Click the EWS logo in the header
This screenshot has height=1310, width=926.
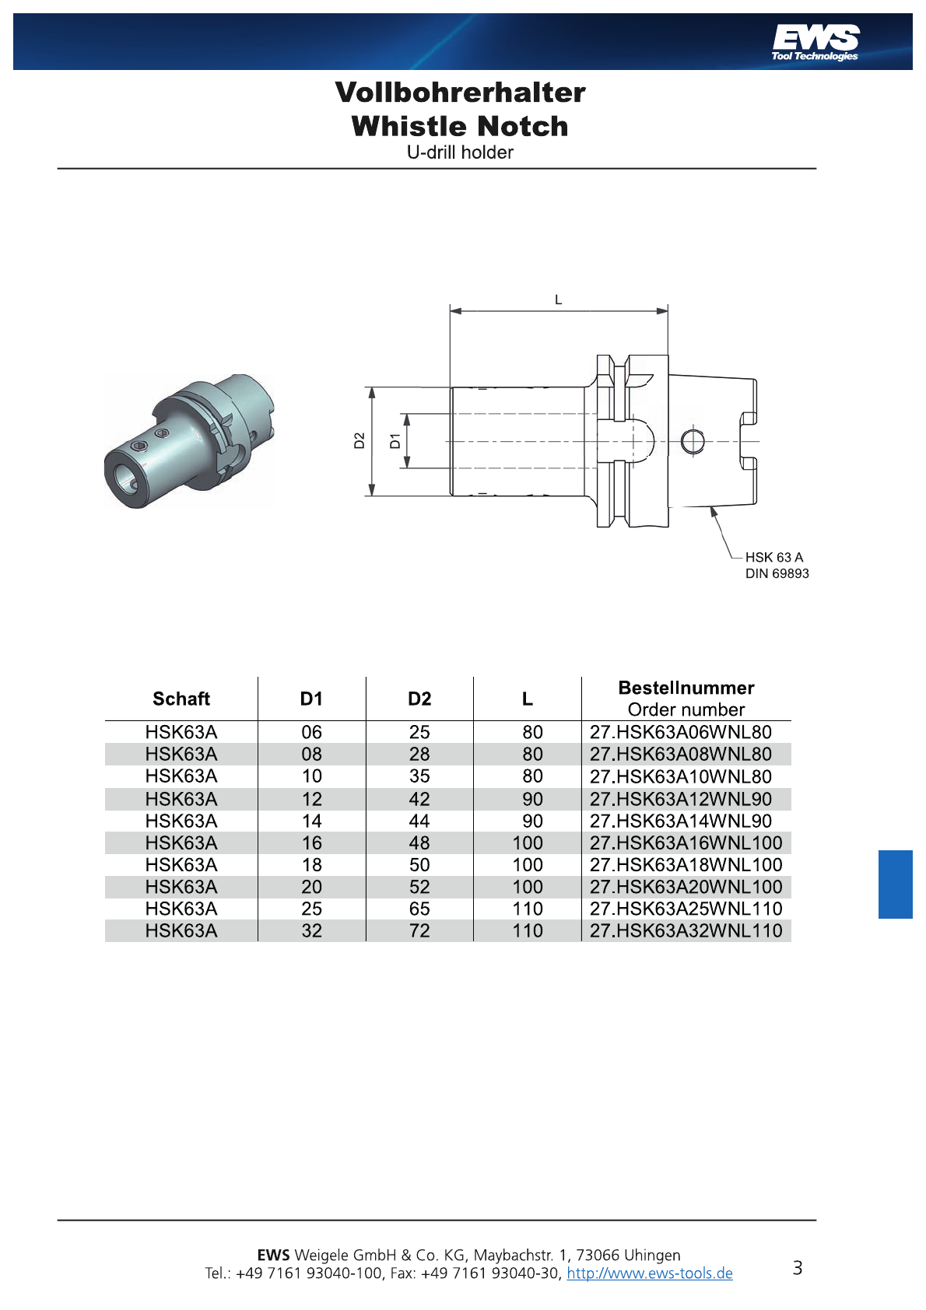816,43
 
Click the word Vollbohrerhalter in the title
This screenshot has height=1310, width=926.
461,93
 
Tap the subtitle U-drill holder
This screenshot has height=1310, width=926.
461,152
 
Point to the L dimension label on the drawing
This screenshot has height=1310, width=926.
558,300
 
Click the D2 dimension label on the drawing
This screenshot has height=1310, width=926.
360,440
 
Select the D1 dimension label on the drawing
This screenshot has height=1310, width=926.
395,440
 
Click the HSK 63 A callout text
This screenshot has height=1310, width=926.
774,557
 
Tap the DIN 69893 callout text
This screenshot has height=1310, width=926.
777,574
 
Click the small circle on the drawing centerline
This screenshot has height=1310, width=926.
693,441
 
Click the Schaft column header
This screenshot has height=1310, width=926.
181,699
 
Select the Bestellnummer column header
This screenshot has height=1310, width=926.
686,688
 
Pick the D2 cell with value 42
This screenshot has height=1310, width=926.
419,799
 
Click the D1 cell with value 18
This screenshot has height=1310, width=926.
312,864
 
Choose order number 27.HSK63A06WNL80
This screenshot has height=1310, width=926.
680,732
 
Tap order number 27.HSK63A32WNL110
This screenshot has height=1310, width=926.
686,930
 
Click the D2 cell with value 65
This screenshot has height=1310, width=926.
419,909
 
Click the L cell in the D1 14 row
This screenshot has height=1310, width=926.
532,821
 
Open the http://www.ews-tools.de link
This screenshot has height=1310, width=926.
649,1273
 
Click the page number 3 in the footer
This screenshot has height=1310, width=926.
798,1268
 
